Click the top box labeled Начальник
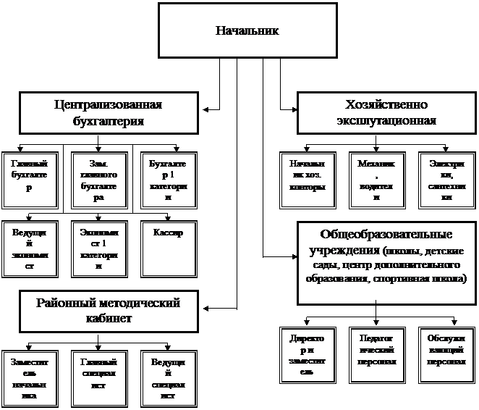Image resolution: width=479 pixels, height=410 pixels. pyautogui.click(x=247, y=30)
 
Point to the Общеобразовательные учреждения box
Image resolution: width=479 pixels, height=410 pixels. pyautogui.click(x=386, y=262)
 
